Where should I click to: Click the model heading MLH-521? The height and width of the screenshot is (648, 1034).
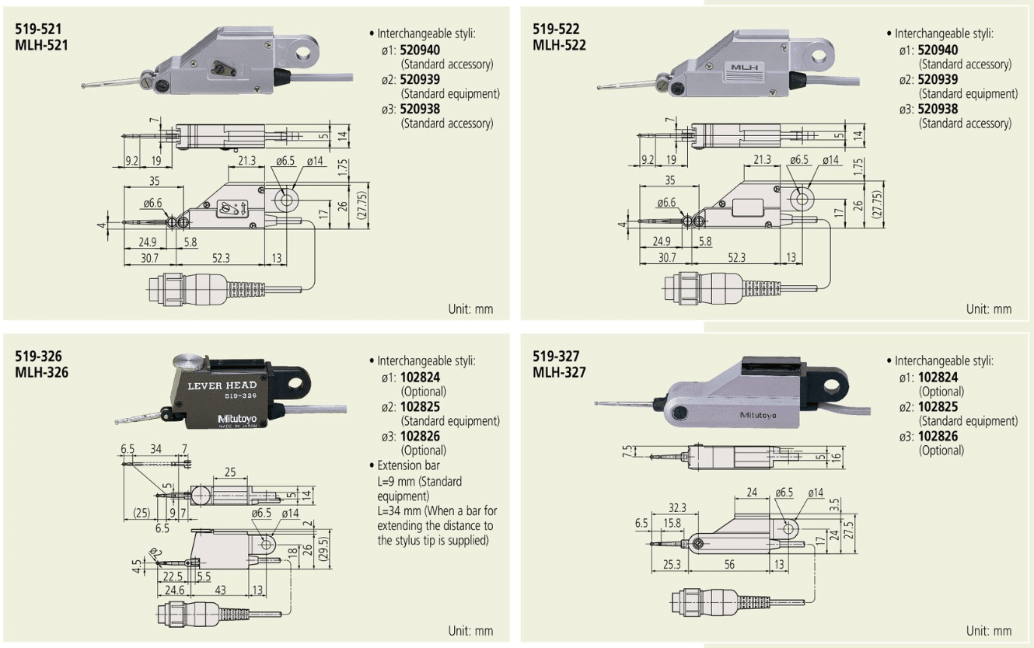[x=42, y=45]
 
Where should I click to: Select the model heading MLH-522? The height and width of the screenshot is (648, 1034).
[x=560, y=45]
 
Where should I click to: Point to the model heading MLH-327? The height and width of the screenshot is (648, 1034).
[x=560, y=372]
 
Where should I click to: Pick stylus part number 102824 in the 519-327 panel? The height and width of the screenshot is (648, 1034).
[x=938, y=377]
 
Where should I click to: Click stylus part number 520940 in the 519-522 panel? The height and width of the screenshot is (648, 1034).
[x=938, y=50]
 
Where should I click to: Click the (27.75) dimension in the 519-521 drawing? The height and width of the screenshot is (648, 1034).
[x=363, y=204]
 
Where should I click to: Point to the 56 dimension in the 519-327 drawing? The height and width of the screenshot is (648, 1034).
[x=729, y=565]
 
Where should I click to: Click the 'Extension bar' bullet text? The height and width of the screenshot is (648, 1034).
[x=408, y=465]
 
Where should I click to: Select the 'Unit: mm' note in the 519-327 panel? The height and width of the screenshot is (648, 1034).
[x=988, y=631]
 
